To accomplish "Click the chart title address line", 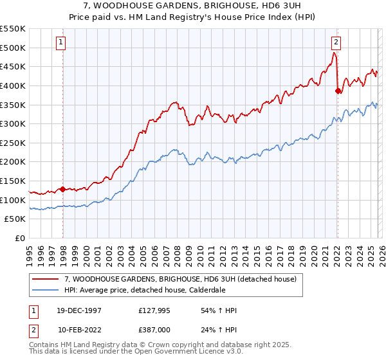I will [x=192, y=5].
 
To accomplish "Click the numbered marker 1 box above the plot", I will [x=60, y=43].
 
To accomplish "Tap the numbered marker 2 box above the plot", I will [x=336, y=43].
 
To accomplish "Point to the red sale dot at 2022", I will [x=338, y=91].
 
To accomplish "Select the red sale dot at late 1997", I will [x=63, y=189].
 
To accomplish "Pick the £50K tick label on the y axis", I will [x=15, y=219].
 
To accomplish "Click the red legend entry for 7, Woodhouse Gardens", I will [x=180, y=279].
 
